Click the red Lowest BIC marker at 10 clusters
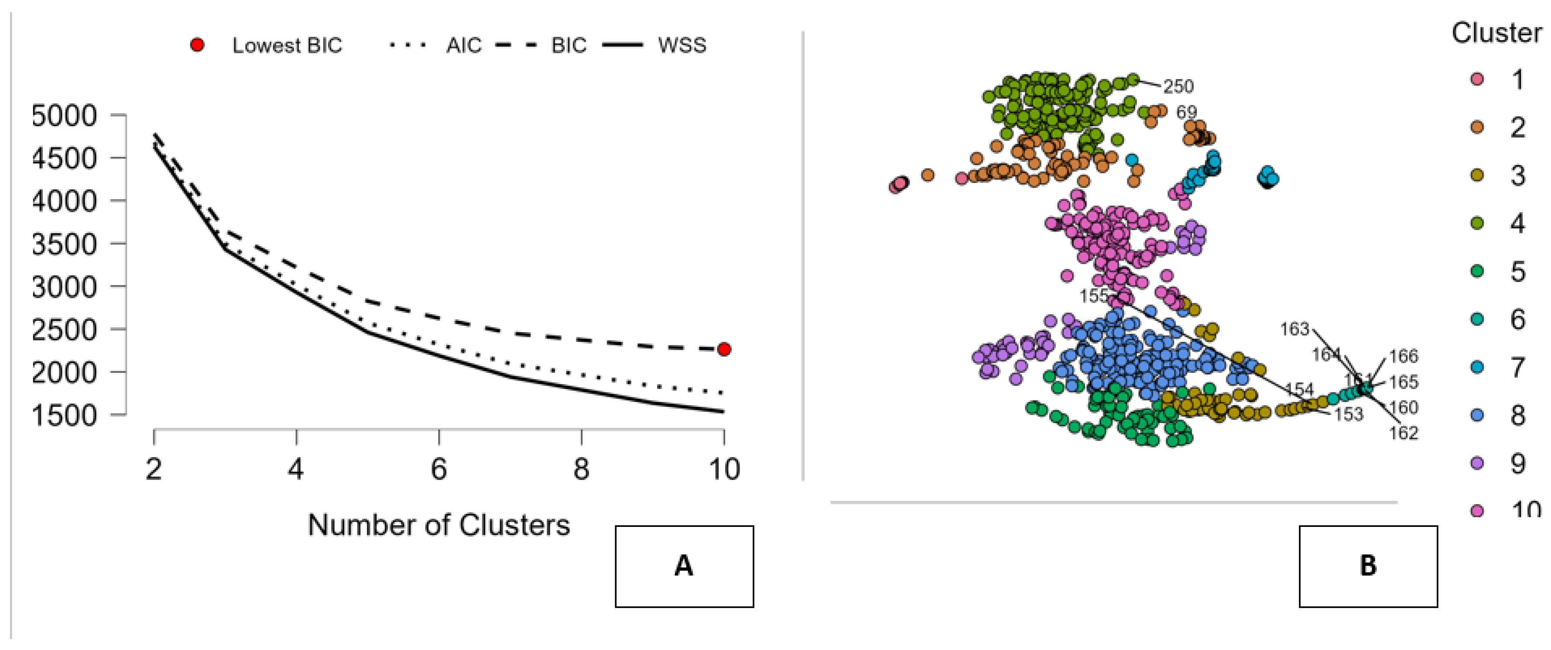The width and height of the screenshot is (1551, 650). coord(724,349)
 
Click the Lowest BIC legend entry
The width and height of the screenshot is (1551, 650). coord(287,45)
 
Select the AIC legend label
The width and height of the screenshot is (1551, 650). coord(464,45)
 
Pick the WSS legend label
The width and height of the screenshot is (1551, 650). coord(681,45)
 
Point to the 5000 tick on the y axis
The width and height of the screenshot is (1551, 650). coord(64,115)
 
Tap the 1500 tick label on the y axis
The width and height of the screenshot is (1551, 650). coord(64,416)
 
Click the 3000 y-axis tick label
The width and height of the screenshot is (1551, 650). coord(64,287)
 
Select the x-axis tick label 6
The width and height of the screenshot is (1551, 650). coord(439,469)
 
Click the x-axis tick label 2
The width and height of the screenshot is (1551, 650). coord(154,469)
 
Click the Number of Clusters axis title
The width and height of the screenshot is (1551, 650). coord(439,525)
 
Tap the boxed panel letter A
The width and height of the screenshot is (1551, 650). coord(684,566)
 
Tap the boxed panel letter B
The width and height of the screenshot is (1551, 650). coord(1368,566)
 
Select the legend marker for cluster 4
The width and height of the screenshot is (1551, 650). coord(1477,224)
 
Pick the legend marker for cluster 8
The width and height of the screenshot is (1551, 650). coord(1477,415)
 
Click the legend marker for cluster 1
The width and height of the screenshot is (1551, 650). coord(1477,79)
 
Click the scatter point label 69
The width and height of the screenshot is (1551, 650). coord(1187,112)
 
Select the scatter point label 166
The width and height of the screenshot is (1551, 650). coord(1404,356)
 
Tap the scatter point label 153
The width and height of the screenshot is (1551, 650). coord(1348,414)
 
